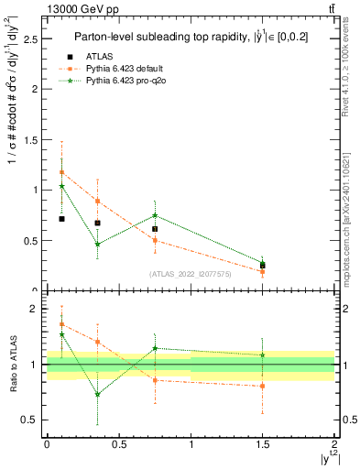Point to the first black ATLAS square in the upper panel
tap(61, 219)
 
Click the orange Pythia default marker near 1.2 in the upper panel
tap(61, 172)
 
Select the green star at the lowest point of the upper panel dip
tap(97, 245)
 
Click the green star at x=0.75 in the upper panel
tap(155, 215)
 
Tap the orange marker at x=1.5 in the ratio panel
tap(263, 386)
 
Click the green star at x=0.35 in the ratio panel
tap(97, 395)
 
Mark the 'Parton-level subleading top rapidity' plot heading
tap(189, 38)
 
